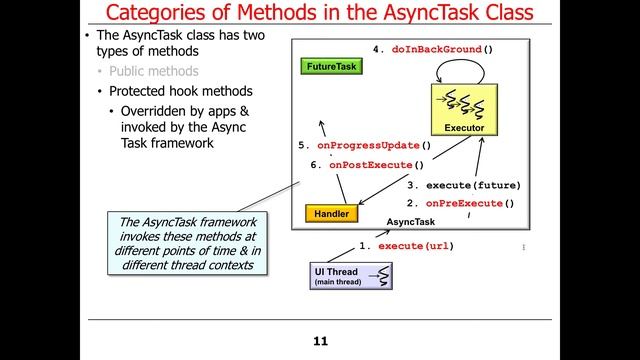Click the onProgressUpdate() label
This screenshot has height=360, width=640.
pyautogui.click(x=365, y=145)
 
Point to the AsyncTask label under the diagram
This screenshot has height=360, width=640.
pyautogui.click(x=411, y=222)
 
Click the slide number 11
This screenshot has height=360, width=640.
pyautogui.click(x=320, y=341)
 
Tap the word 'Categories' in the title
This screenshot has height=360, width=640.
pyautogui.click(x=160, y=14)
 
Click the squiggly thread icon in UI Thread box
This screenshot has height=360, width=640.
pyautogui.click(x=382, y=273)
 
